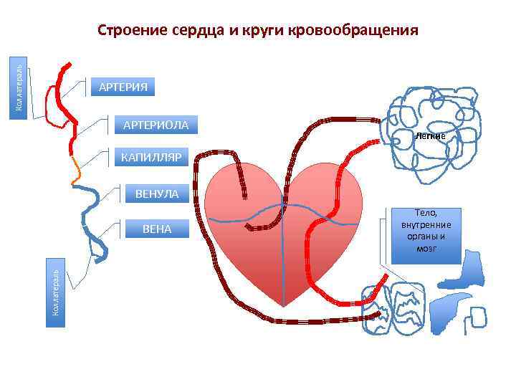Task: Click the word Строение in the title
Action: [x=133, y=31]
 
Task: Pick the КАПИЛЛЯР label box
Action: [x=151, y=157]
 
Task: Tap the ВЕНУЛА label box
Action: [x=156, y=193]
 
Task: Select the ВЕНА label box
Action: [x=157, y=229]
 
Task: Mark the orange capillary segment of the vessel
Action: [x=76, y=170]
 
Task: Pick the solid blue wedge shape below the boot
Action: [x=447, y=308]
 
